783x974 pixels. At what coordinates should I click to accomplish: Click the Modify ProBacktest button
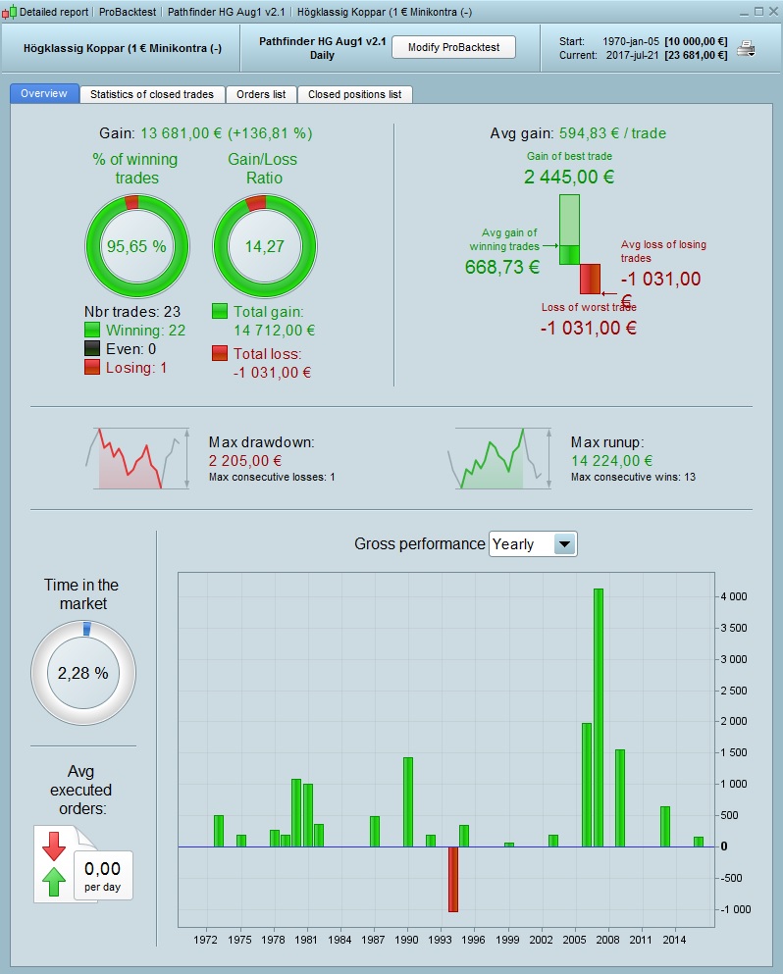point(453,48)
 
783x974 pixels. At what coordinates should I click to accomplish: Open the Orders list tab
point(261,95)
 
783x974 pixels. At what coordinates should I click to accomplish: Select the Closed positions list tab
point(354,95)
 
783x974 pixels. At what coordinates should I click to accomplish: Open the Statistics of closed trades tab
point(152,95)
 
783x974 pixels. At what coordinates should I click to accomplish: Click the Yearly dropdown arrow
point(565,544)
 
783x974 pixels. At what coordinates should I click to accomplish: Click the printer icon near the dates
point(747,49)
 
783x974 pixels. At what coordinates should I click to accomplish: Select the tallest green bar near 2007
point(599,717)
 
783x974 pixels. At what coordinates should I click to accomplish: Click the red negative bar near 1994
point(453,879)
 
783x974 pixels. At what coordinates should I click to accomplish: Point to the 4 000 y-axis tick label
point(734,596)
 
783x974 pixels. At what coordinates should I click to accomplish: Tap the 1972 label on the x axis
point(206,940)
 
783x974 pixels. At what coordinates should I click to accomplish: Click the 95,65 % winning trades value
point(137,246)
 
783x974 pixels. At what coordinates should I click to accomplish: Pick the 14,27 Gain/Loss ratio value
point(265,246)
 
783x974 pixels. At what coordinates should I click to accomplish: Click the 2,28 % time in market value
point(82,674)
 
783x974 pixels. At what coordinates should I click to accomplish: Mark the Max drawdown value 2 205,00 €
point(245,460)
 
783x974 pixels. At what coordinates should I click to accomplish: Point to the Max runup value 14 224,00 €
point(611,460)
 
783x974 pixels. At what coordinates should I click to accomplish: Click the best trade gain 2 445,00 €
point(569,178)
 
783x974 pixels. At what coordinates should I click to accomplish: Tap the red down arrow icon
point(54,846)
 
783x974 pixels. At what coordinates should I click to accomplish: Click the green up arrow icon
point(54,882)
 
